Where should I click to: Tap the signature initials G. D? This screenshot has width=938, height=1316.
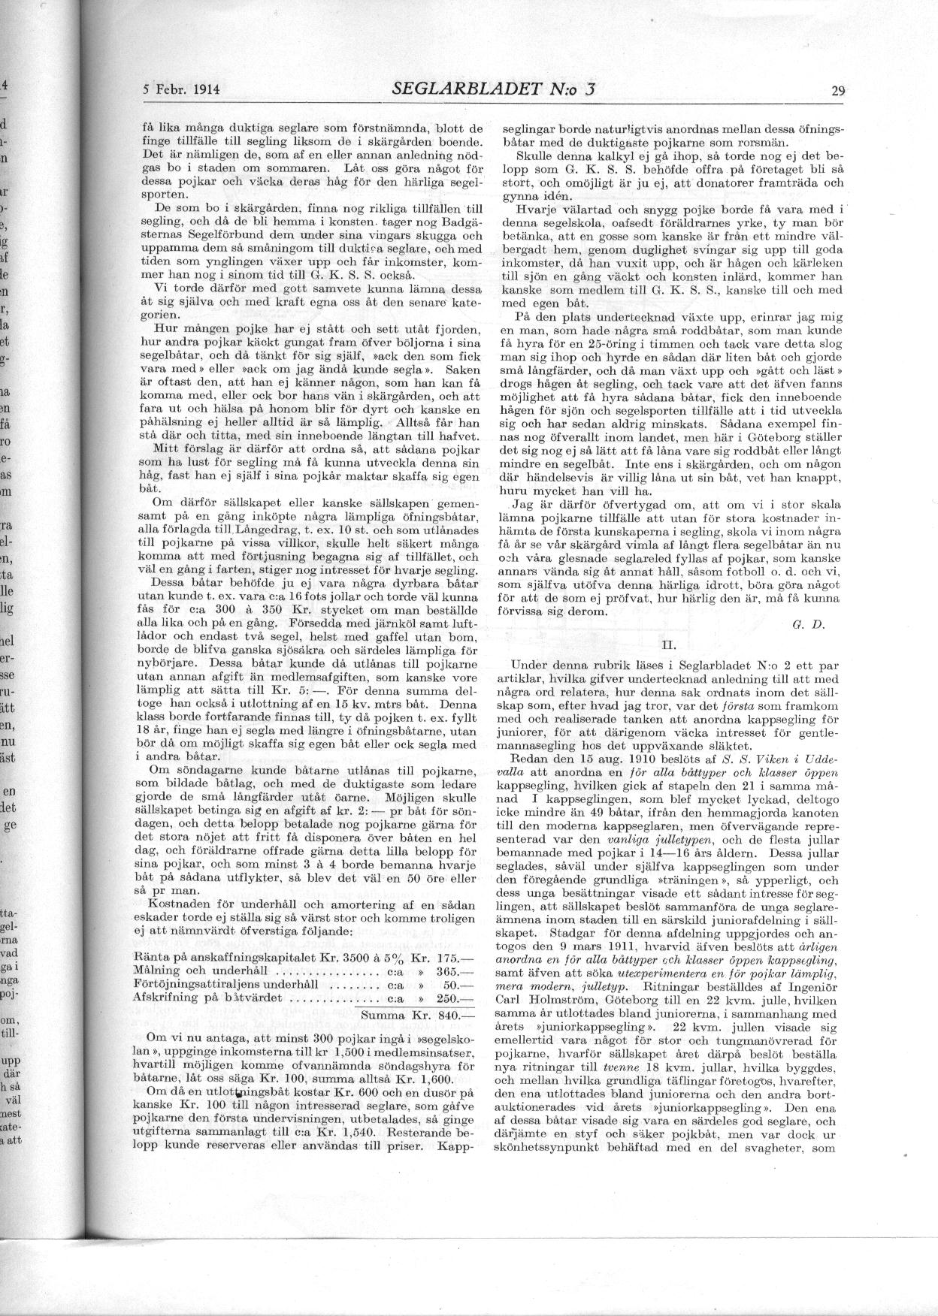coord(804,623)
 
